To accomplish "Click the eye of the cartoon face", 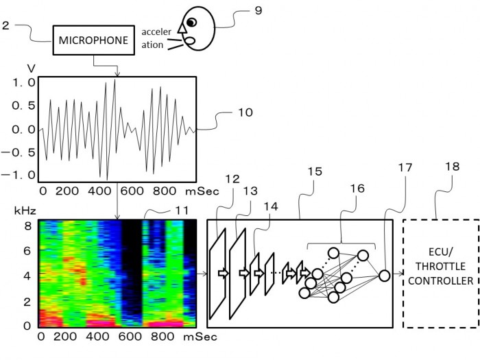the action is tap(191, 22).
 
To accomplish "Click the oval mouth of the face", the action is tap(190, 40).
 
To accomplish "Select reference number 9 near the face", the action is tap(259, 10).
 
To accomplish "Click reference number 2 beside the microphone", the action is tap(5, 25).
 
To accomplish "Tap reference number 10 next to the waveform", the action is tap(245, 112).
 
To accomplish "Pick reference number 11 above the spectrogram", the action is tap(182, 211).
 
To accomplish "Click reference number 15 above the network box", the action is tap(315, 171).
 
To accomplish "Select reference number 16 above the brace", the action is tap(357, 189).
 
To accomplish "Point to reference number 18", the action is tap(453, 167).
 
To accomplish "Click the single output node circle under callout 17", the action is tap(385, 276).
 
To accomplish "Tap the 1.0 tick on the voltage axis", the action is tap(23, 82).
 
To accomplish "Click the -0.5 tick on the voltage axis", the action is tap(19, 152).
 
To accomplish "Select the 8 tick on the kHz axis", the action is tap(28, 226).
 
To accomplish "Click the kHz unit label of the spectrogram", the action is tap(25, 211).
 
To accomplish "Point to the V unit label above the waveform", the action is tap(32, 69).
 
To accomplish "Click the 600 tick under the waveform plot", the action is tap(132, 191).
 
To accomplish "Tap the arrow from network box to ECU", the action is tap(398, 274).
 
